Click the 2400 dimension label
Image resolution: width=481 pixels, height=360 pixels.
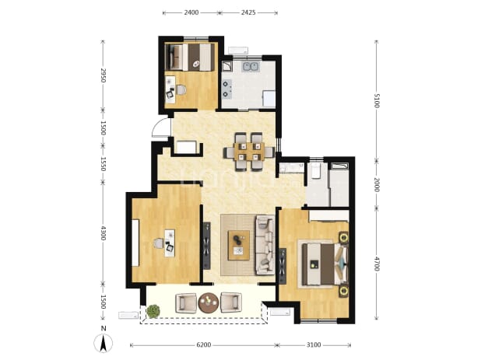coord(191,12)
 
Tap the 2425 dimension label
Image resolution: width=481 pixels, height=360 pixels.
coord(248,12)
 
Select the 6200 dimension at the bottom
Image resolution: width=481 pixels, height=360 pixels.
coord(203,345)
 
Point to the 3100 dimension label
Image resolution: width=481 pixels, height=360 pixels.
coord(314,345)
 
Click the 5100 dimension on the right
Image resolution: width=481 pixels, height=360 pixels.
coord(377,101)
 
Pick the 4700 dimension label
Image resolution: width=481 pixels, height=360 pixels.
coord(377,264)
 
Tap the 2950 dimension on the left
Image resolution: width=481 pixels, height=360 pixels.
coord(103,75)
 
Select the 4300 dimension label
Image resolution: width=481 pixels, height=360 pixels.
coord(103,233)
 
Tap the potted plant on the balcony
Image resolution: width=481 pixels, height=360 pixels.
coord(153,311)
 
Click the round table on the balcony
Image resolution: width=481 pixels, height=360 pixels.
coord(209,302)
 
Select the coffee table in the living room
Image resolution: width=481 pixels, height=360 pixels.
coord(238,246)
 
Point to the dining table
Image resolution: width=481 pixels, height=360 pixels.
coord(249,152)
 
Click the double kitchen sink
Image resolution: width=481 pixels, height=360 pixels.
coord(251,67)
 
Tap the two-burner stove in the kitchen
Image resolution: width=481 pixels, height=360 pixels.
coord(227,89)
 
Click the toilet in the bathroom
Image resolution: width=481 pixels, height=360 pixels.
coord(315,170)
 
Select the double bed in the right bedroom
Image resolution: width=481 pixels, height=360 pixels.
coord(322,264)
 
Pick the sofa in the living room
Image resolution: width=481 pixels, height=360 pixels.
coord(265,245)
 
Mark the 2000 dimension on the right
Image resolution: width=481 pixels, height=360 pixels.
coord(377,185)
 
